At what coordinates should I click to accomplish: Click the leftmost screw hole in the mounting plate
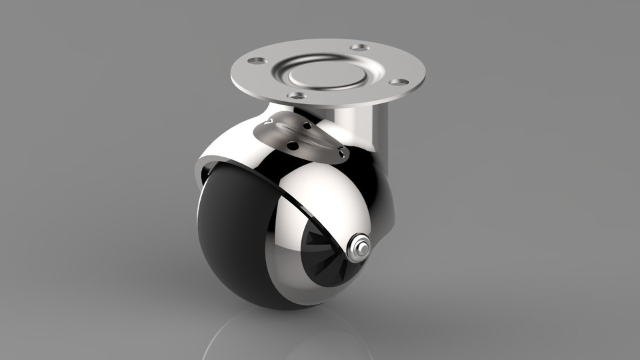(x=254, y=61)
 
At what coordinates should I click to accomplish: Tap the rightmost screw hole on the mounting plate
(x=399, y=82)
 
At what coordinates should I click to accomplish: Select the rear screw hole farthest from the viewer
(x=359, y=47)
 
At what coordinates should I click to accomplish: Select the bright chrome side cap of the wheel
(x=327, y=200)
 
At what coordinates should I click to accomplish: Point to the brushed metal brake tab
(x=300, y=137)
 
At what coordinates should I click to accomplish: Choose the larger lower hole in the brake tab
(x=291, y=145)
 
